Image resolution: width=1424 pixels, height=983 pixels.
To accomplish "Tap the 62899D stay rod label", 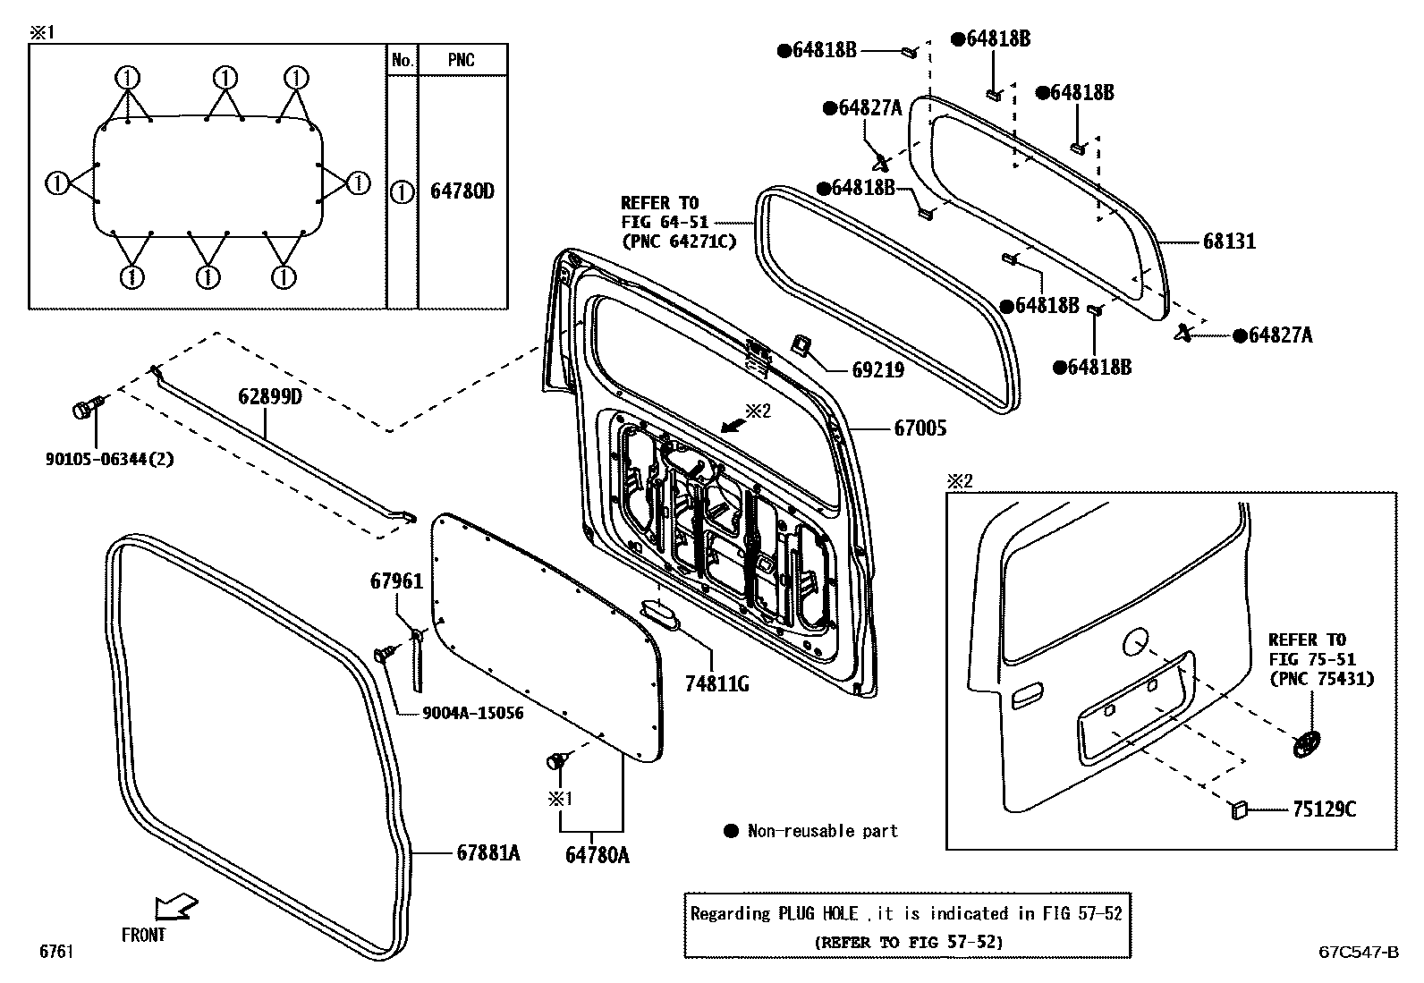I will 269,396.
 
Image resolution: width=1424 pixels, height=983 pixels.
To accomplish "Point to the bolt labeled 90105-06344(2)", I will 86,410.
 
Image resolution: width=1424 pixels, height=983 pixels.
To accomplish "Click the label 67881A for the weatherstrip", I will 487,853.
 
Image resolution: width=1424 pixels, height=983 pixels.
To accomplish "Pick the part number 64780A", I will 597,855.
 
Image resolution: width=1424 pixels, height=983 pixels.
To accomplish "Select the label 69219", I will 877,369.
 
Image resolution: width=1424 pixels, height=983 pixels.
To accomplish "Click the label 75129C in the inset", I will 1323,809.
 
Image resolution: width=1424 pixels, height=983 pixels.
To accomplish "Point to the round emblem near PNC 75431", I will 1307,742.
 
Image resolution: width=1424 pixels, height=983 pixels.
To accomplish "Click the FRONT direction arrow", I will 175,908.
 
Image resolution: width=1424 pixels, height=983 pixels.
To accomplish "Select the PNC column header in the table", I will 461,61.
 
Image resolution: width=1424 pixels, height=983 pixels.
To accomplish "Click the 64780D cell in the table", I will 462,191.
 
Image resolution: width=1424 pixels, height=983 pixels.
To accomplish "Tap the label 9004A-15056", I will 472,713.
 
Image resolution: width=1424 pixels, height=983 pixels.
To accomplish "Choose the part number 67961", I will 396,581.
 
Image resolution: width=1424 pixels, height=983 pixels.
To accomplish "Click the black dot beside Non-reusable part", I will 730,831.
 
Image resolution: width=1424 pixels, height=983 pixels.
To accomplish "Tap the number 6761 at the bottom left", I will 55,952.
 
